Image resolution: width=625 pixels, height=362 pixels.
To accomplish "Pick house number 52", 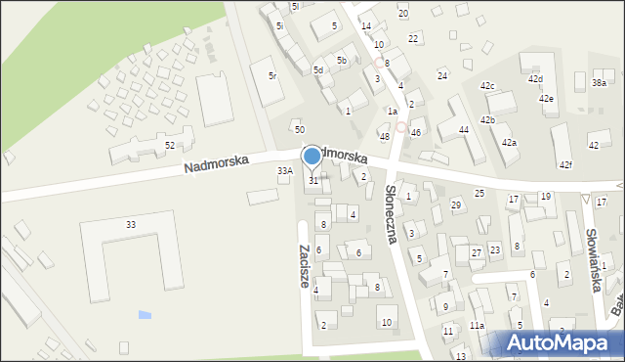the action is [170, 145].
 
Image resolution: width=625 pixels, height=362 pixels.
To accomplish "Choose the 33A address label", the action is [284, 170].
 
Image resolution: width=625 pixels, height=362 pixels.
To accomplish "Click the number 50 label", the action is [300, 129].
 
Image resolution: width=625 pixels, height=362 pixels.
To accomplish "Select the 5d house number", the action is [318, 69].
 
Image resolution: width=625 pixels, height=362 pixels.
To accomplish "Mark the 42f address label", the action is [565, 164].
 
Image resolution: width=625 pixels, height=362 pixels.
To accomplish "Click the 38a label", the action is [599, 83].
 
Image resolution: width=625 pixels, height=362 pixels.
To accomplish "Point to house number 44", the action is [464, 129].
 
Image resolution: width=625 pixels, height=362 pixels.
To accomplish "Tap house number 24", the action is [442, 75].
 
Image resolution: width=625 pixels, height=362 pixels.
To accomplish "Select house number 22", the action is [413, 38].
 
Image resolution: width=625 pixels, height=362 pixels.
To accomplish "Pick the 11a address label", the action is [477, 325].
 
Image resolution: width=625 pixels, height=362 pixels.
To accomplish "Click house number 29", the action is [455, 204].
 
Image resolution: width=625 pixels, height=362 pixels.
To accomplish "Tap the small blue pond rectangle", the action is [146, 315].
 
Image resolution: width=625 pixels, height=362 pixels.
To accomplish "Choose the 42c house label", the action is [487, 86].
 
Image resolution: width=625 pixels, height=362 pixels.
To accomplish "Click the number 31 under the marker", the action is [312, 181].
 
